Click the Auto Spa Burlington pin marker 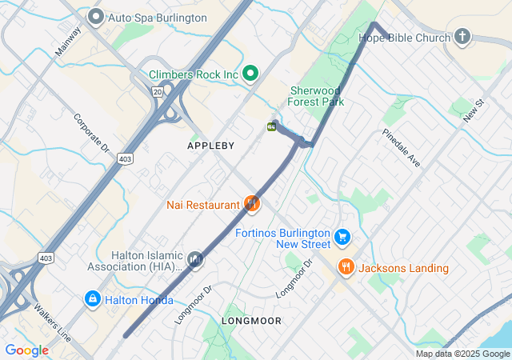(97, 16)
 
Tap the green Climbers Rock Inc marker (250, 74)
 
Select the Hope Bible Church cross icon (462, 37)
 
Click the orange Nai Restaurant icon (252, 205)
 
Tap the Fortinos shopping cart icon (342, 236)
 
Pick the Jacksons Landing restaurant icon (346, 268)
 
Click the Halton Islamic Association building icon (195, 259)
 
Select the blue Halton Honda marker (93, 299)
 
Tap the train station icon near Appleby (272, 126)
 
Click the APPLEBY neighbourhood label (211, 146)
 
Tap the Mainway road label (68, 42)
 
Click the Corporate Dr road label (91, 133)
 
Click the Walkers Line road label (51, 322)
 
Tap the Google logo (26, 350)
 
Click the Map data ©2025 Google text (462, 354)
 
